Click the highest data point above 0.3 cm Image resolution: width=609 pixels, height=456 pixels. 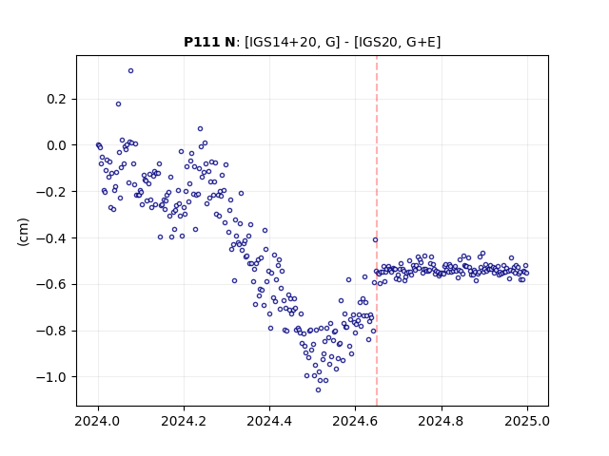pyautogui.click(x=131, y=71)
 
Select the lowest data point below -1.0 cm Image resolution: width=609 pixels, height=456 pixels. pyautogui.click(x=318, y=390)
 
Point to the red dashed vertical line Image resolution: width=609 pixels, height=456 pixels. pyautogui.click(x=377, y=231)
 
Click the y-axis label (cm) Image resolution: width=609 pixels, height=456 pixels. pyautogui.click(x=23, y=232)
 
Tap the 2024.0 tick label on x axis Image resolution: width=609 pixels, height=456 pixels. pyautogui.click(x=98, y=421)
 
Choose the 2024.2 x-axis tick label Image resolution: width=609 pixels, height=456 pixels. pyautogui.click(x=184, y=421)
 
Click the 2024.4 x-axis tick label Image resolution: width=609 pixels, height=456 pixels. pyautogui.click(x=269, y=421)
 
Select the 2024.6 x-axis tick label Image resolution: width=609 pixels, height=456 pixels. pyautogui.click(x=355, y=421)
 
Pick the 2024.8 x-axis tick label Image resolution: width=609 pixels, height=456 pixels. pyautogui.click(x=442, y=421)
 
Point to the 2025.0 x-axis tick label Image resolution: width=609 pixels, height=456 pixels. pyautogui.click(x=527, y=421)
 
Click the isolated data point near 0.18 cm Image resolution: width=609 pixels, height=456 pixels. pyautogui.click(x=118, y=104)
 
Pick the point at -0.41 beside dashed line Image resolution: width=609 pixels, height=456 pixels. pyautogui.click(x=375, y=240)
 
